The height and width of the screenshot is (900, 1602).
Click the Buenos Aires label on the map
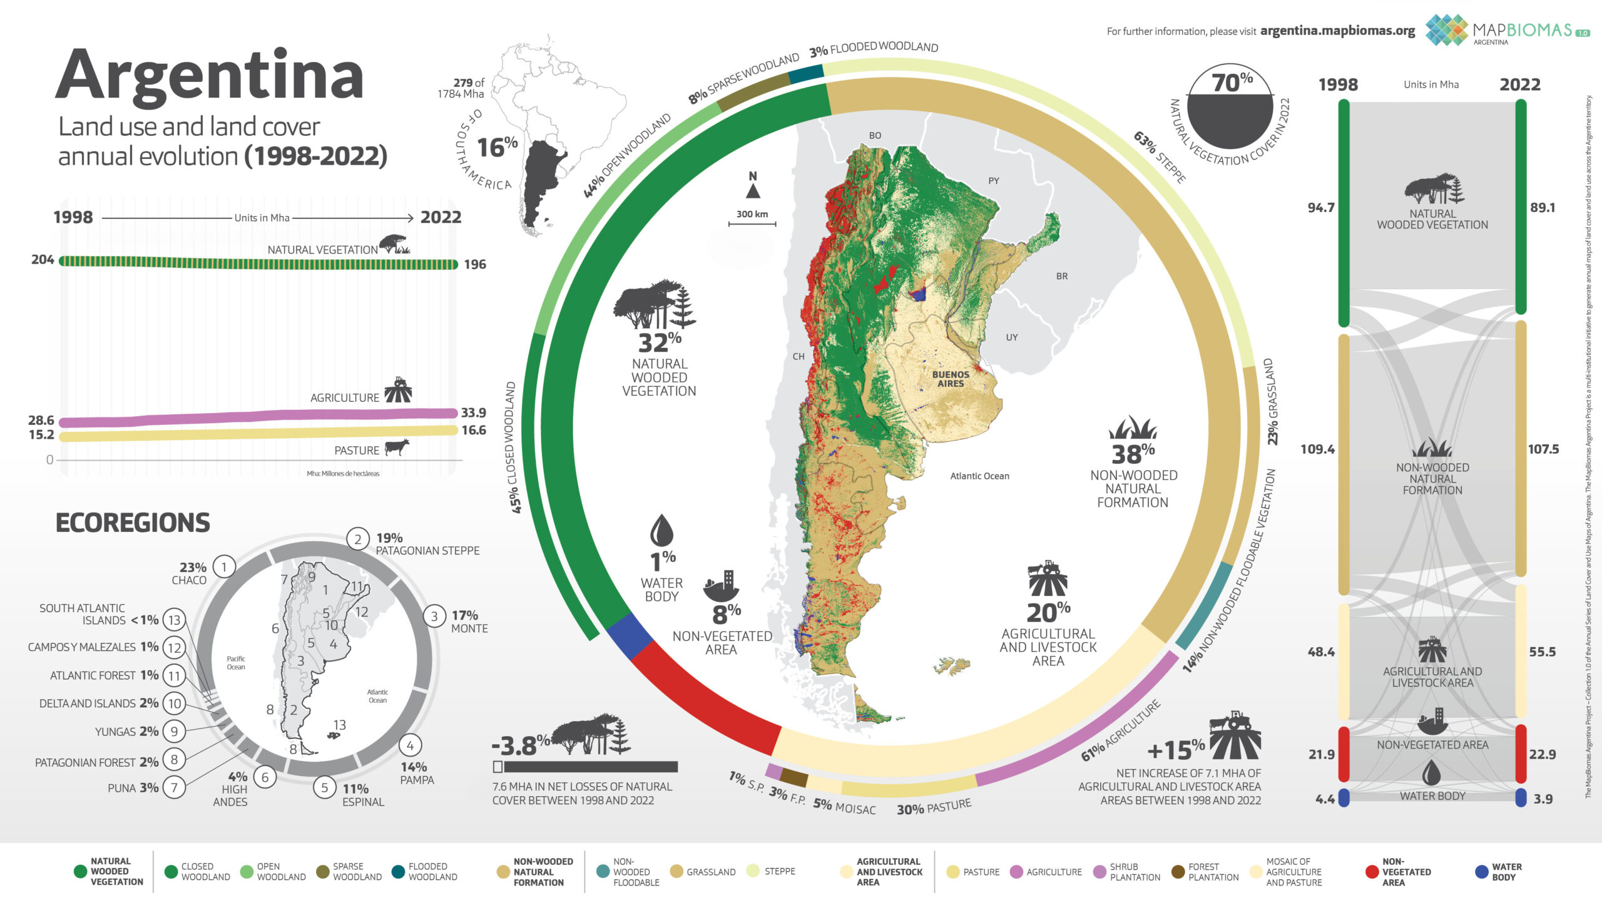click(950, 379)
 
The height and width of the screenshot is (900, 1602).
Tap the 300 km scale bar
click(752, 223)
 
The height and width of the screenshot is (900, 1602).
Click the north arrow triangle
click(753, 190)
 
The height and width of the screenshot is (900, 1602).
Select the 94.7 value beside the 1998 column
click(1320, 207)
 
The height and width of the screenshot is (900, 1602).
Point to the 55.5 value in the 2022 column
click(1542, 652)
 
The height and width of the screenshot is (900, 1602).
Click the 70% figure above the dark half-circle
click(1232, 82)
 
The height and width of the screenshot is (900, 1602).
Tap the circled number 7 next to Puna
click(174, 787)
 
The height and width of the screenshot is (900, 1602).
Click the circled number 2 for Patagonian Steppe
click(357, 539)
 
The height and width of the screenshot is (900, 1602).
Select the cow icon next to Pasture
click(397, 447)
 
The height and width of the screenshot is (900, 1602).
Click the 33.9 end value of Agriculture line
click(473, 412)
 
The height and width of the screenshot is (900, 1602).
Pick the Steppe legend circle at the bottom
click(752, 871)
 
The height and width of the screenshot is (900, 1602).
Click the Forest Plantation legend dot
click(1178, 872)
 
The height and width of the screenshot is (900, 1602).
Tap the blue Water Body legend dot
click(1481, 872)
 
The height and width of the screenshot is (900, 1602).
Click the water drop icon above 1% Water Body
click(661, 530)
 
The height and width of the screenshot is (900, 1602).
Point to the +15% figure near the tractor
click(1175, 749)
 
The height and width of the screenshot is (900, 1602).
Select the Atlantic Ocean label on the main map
click(979, 476)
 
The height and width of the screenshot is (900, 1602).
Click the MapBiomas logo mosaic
click(1446, 30)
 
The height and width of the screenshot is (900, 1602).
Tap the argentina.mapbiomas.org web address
click(1337, 31)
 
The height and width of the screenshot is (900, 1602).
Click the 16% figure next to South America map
click(497, 148)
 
